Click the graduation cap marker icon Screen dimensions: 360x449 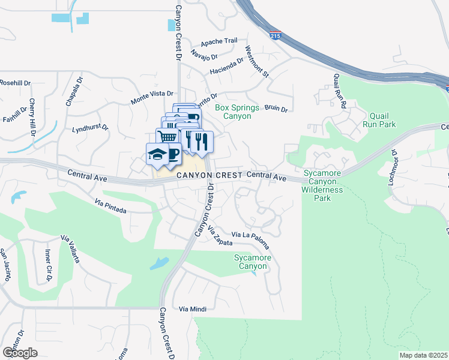[x=157, y=154]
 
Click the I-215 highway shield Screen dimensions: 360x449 [x=275, y=36]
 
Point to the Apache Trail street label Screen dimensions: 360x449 [x=219, y=41]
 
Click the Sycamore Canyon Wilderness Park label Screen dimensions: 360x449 [x=322, y=185]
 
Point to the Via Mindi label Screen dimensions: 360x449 [x=193, y=308]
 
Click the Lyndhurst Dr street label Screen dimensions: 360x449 [x=89, y=128]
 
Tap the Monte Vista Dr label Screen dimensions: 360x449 [x=152, y=98]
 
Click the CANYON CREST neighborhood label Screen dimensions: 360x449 [x=209, y=175]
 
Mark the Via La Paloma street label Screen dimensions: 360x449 [x=250, y=238]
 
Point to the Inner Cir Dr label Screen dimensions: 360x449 [x=47, y=264]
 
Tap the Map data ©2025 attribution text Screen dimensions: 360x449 [x=423, y=355]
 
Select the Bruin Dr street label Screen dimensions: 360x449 [x=276, y=109]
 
